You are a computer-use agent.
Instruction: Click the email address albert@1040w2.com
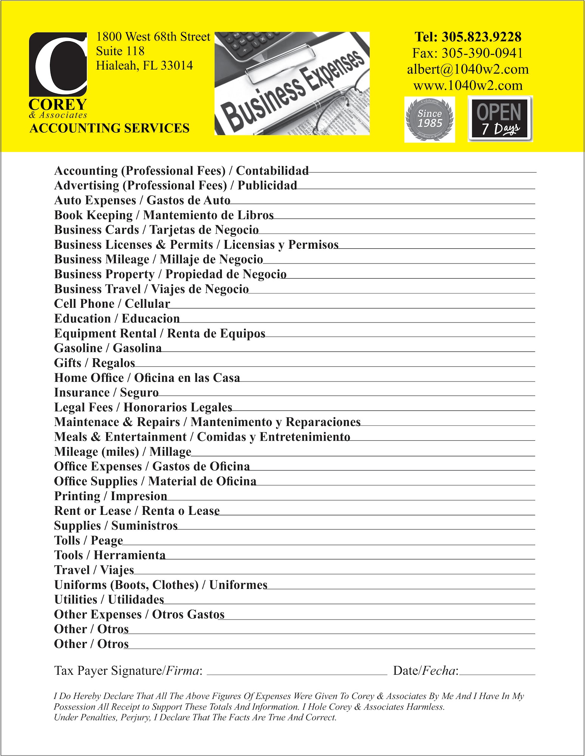467,69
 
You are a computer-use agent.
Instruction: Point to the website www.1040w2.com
467,85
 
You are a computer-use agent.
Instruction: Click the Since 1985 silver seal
430,119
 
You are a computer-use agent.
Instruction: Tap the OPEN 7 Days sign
500,119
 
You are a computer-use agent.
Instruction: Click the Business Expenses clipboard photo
292,83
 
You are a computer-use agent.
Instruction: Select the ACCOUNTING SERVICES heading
109,128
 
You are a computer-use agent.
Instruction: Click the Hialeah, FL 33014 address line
144,65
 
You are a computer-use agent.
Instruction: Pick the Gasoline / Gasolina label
108,348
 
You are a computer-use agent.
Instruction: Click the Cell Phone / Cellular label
112,304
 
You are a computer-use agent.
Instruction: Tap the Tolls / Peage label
88,541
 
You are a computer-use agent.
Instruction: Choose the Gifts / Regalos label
94,363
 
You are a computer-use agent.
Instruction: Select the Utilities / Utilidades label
109,600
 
